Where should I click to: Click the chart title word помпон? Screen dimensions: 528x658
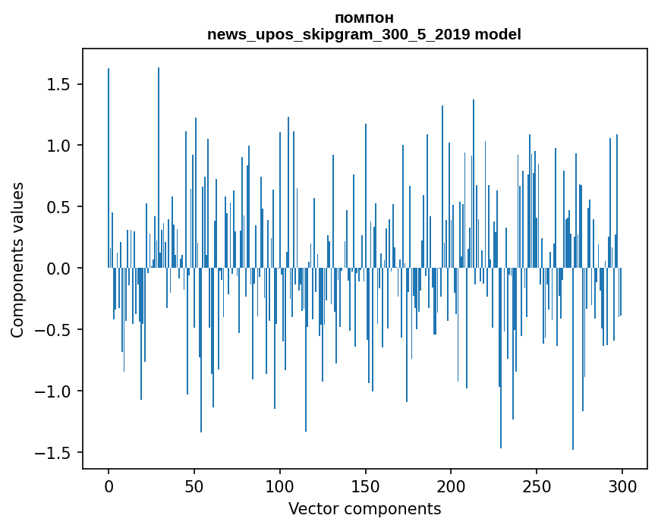point(364,18)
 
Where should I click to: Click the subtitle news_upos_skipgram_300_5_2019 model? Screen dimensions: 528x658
point(364,35)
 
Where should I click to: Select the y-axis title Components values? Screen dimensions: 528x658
point(17,259)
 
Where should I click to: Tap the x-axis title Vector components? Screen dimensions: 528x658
point(364,508)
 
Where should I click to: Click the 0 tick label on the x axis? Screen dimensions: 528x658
point(109,486)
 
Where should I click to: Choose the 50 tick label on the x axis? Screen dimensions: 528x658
point(194,486)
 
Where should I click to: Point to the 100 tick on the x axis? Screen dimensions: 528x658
point(280,486)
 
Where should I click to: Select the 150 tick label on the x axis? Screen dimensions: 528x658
point(366,486)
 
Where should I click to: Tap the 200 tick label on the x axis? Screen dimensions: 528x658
point(451,486)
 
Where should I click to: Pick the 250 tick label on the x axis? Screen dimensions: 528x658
point(537,486)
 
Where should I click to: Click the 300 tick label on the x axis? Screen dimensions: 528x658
point(622,486)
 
